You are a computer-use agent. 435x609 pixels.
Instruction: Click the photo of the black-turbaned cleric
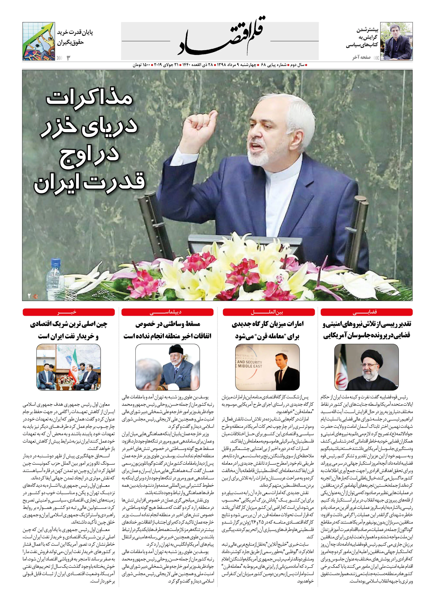point(367,367)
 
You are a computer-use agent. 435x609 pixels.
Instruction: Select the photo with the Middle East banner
point(267,367)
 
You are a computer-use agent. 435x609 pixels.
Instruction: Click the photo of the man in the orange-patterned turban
point(167,367)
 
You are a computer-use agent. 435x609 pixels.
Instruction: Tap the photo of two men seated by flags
point(68,367)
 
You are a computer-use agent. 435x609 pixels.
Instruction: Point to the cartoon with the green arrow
point(39,41)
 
